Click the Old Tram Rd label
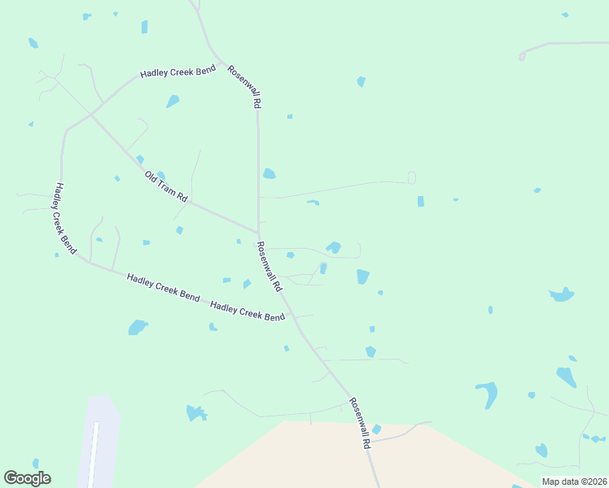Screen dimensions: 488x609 coord(166,187)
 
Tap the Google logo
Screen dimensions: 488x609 coord(27,478)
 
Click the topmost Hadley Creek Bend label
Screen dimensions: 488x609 coord(177,72)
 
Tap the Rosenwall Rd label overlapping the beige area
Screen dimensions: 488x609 coord(360,424)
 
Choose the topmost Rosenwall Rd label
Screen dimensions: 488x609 coord(244,87)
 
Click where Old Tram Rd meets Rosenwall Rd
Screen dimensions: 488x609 coord(259,232)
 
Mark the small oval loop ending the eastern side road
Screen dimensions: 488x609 coord(411,177)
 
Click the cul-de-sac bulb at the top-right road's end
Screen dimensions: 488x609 coord(522,55)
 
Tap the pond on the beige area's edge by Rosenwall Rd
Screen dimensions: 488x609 coord(376,429)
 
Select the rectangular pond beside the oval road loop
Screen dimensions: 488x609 coord(420,201)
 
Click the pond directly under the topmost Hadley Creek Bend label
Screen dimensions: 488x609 coord(173,102)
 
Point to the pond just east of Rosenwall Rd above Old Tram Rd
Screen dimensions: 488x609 coord(269,173)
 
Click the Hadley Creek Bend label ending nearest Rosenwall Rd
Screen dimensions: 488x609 coord(248,311)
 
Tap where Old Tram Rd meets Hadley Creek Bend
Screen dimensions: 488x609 coord(90,115)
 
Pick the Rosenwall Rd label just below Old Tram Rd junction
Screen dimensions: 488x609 coord(269,266)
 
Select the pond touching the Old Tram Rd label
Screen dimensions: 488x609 coord(160,175)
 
